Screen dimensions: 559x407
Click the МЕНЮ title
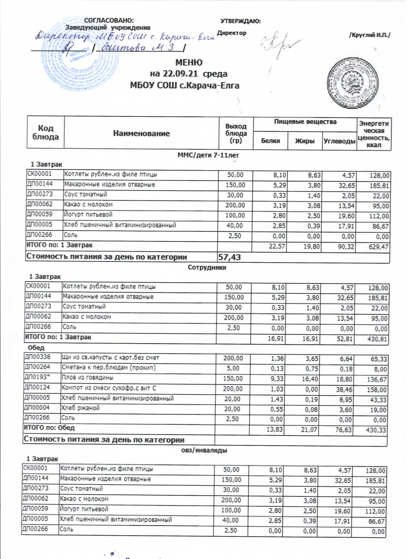point(189,62)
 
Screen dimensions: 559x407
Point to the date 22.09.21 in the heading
point(177,74)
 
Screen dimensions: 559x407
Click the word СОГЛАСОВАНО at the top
point(109,21)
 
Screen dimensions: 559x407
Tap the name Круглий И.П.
point(370,35)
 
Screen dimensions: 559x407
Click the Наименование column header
point(141,133)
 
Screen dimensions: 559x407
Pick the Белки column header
point(270,141)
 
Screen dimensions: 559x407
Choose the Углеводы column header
point(339,141)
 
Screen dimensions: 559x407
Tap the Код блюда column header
point(46,132)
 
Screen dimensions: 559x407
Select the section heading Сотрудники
point(207,267)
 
